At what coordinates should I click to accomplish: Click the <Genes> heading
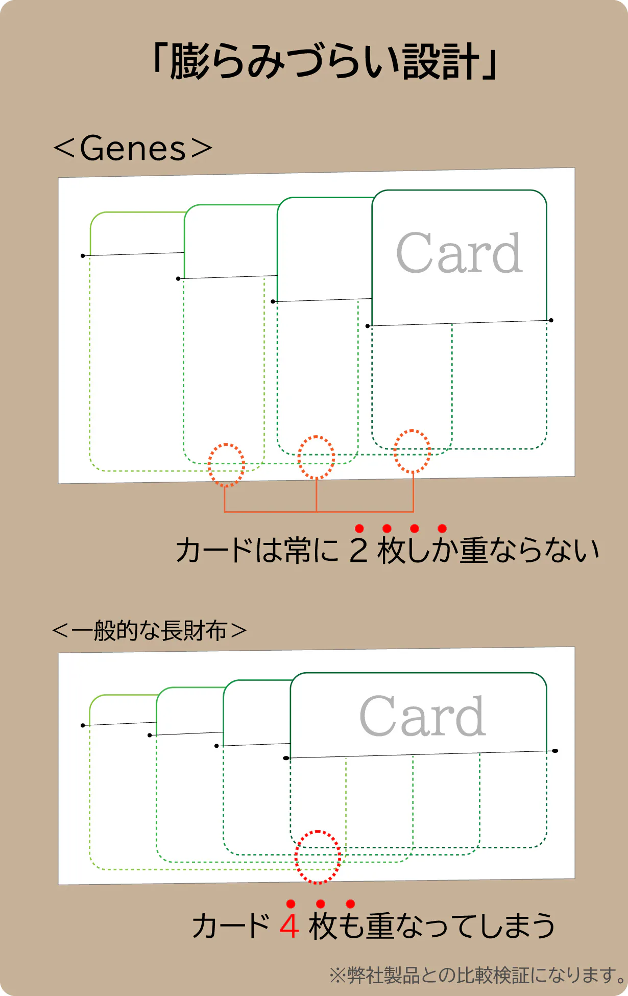click(x=133, y=148)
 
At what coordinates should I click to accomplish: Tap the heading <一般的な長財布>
click(x=149, y=631)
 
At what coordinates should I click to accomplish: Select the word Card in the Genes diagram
click(x=459, y=253)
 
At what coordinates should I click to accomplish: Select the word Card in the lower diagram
click(x=422, y=716)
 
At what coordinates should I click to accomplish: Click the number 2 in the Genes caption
click(x=358, y=551)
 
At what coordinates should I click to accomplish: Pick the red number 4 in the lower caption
click(x=289, y=926)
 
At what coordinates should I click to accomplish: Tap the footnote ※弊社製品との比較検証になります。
click(x=477, y=975)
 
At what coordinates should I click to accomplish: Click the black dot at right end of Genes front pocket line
click(x=551, y=320)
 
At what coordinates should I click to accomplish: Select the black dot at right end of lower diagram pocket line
click(x=555, y=751)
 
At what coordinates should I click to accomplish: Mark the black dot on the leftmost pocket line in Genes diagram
click(x=83, y=255)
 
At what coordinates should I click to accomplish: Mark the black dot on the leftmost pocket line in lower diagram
click(x=83, y=725)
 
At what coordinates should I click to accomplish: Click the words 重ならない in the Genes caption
click(x=529, y=551)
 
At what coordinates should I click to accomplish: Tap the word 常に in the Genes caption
click(x=312, y=551)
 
